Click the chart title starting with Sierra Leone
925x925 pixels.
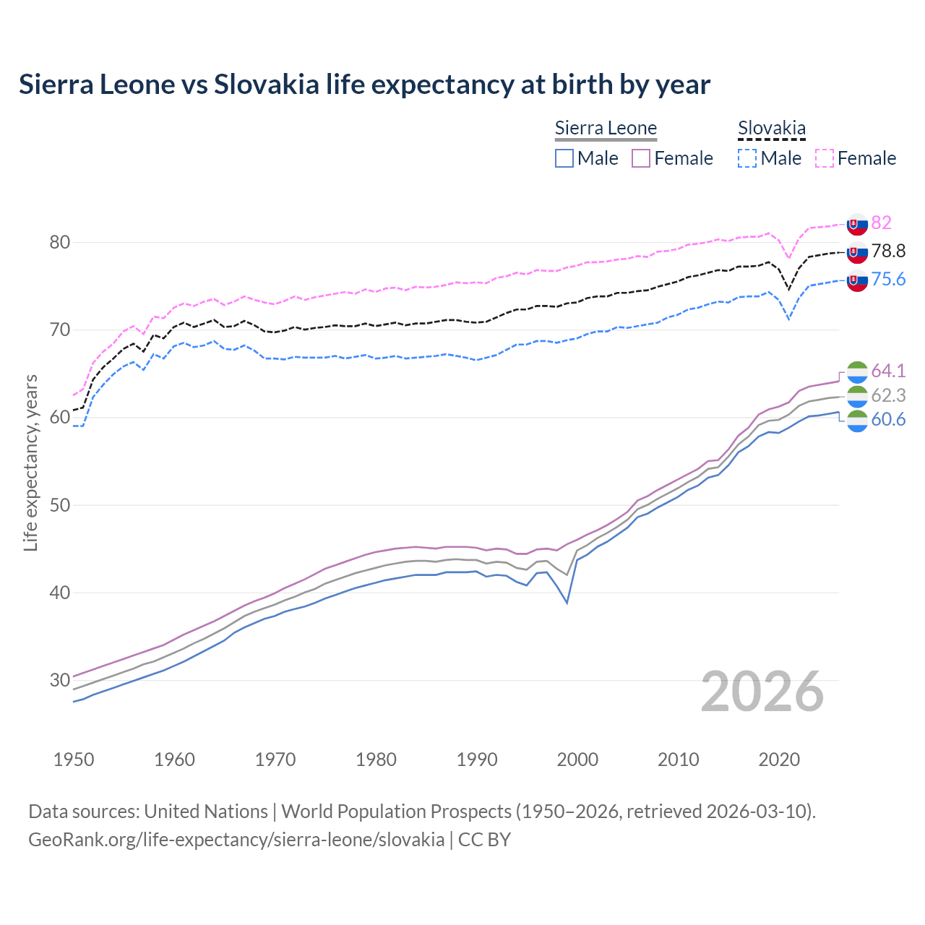pyautogui.click(x=364, y=85)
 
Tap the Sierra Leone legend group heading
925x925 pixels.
pyautogui.click(x=606, y=129)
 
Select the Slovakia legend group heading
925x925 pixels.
pyautogui.click(x=771, y=129)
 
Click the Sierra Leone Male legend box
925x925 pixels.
pyautogui.click(x=564, y=158)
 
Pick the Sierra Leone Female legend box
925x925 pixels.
pyautogui.click(x=641, y=158)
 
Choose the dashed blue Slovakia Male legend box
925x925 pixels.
pyautogui.click(x=747, y=158)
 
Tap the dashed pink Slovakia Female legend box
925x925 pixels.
pyautogui.click(x=825, y=158)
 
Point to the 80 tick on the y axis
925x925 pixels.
pyautogui.click(x=60, y=242)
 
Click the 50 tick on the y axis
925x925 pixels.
pyautogui.click(x=60, y=505)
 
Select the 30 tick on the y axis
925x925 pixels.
pyautogui.click(x=60, y=680)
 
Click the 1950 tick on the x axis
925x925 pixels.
pyautogui.click(x=74, y=760)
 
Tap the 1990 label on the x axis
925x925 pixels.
pyautogui.click(x=477, y=760)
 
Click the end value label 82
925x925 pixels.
pyautogui.click(x=881, y=223)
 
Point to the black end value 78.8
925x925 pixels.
pyautogui.click(x=888, y=251)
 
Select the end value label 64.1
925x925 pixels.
pyautogui.click(x=888, y=371)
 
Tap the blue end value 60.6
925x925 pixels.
pyautogui.click(x=888, y=420)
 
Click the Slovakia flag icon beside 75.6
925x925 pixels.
pyautogui.click(x=857, y=281)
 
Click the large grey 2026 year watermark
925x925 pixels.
pyautogui.click(x=762, y=692)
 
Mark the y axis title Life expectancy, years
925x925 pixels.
pyautogui.click(x=30, y=462)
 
